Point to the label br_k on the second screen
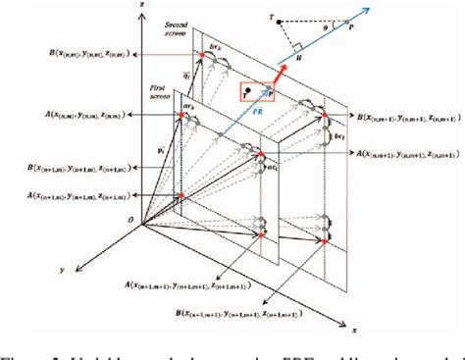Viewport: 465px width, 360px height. tap(217, 45)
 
